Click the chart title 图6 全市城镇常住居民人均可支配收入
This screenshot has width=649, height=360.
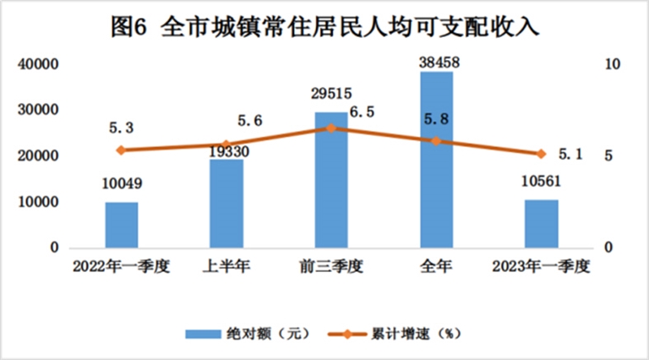pyautogui.click(x=324, y=25)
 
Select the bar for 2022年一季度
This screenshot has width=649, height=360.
pyautogui.click(x=122, y=225)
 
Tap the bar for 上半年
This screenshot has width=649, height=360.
pyautogui.click(x=226, y=204)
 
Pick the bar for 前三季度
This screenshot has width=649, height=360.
pyautogui.click(x=331, y=180)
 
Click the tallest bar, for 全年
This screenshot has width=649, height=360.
pyautogui.click(x=436, y=160)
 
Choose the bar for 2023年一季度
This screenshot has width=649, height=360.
pyautogui.click(x=541, y=224)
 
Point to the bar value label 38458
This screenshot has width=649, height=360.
pyautogui.click(x=436, y=62)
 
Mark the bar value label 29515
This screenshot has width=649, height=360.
pyautogui.click(x=331, y=94)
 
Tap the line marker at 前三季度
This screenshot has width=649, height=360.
pyautogui.click(x=331, y=128)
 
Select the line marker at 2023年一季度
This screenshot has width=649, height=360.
pyautogui.click(x=541, y=154)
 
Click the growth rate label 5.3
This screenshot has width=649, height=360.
pyautogui.click(x=123, y=127)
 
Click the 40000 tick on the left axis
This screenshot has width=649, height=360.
pyautogui.click(x=40, y=64)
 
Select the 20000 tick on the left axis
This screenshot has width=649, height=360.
pyautogui.click(x=40, y=156)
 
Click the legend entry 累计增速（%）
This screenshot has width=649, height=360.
pyautogui.click(x=414, y=333)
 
